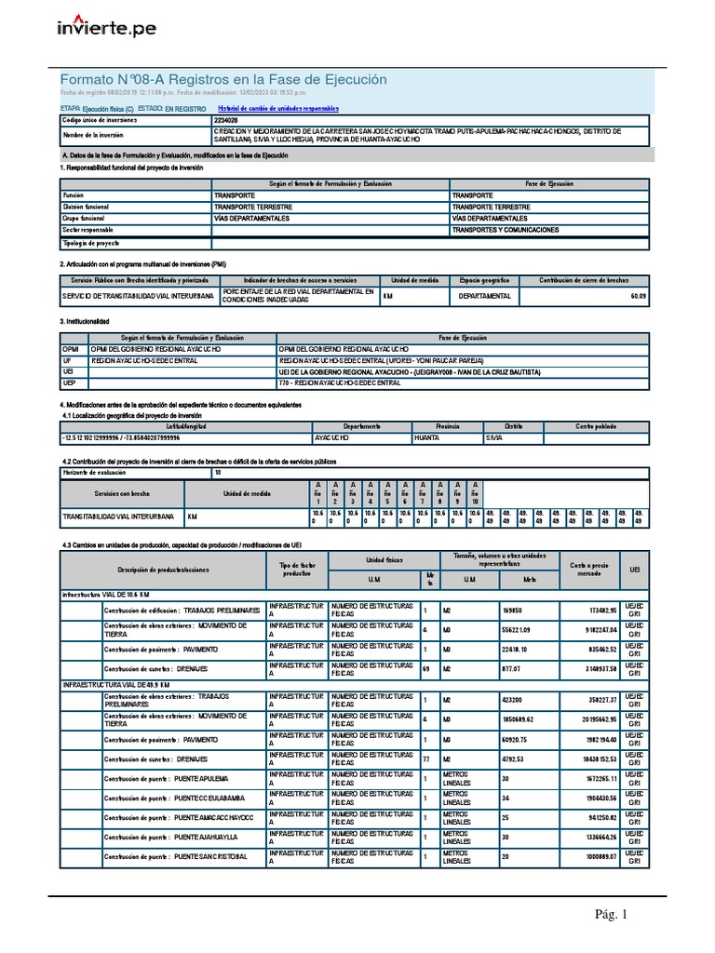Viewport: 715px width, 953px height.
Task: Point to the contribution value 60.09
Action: [x=637, y=296]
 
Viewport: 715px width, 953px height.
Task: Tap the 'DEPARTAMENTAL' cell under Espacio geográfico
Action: [x=484, y=296]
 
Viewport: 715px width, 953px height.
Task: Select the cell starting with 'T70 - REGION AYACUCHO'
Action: [x=339, y=383]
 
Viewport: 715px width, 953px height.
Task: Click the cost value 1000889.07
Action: [x=596, y=856]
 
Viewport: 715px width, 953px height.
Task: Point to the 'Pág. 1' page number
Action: [x=612, y=915]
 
